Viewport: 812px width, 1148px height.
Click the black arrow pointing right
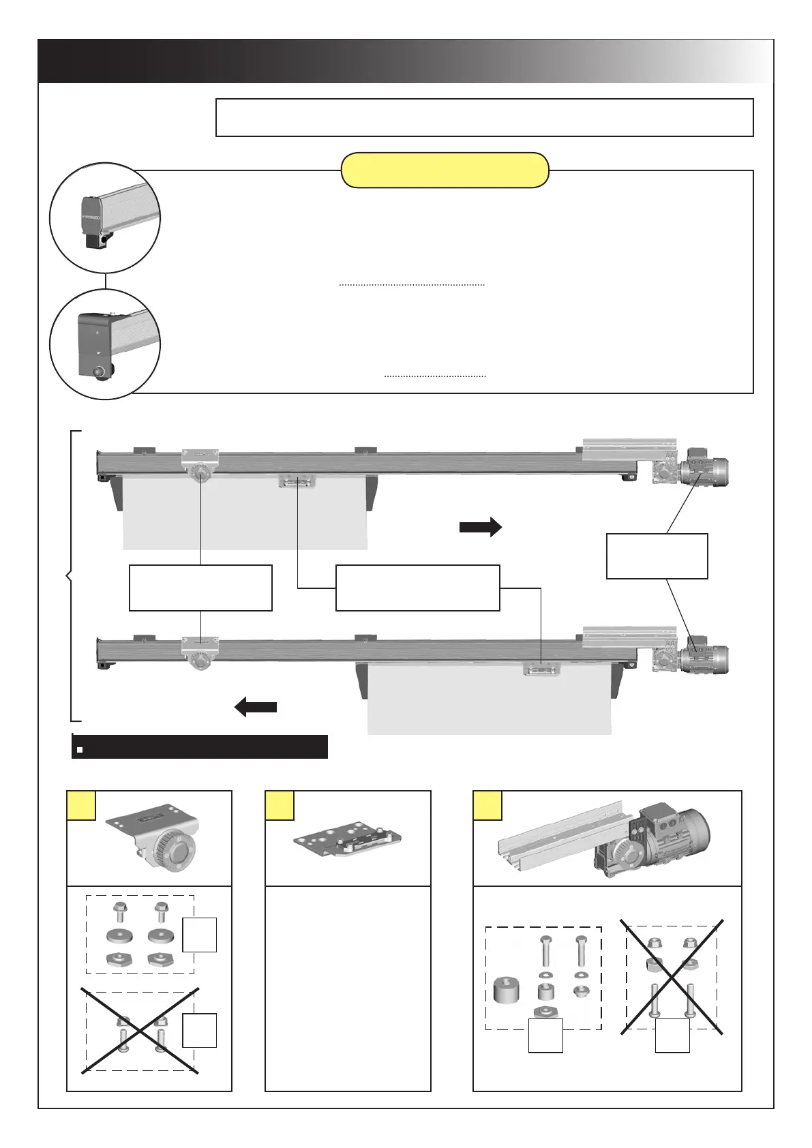pos(481,527)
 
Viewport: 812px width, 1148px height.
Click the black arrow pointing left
pos(256,707)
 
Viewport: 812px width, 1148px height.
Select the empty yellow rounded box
pos(445,170)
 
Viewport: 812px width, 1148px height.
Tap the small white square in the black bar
pos(80,749)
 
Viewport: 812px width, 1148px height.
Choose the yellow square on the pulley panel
pos(81,805)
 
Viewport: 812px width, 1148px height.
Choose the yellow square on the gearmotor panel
pos(487,805)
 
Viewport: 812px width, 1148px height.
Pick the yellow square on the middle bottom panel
pos(280,805)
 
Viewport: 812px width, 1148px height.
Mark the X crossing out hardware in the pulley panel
pos(140,1030)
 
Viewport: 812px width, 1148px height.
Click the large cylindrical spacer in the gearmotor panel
pos(507,991)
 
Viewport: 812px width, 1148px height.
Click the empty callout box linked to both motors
pos(657,556)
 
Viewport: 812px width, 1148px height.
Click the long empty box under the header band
pos(484,117)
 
